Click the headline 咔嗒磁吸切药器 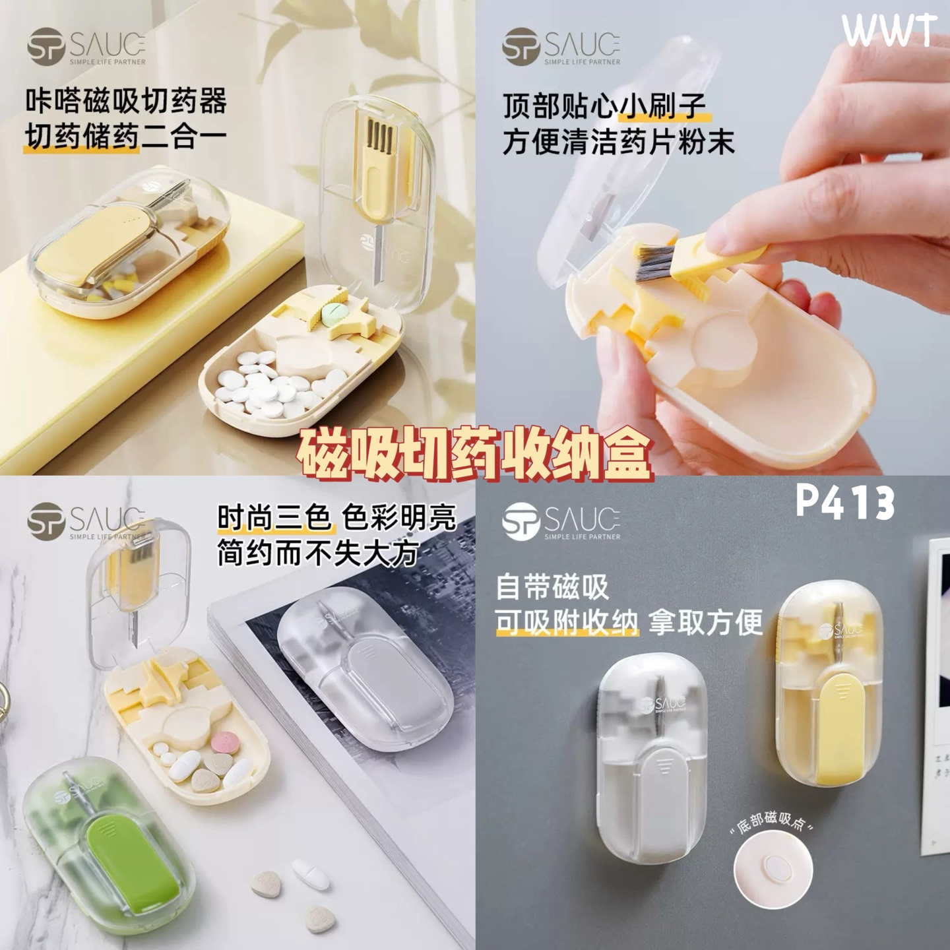pos(126,100)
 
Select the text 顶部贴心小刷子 pos(604,106)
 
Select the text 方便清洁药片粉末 pos(618,141)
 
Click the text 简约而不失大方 pos(318,553)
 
